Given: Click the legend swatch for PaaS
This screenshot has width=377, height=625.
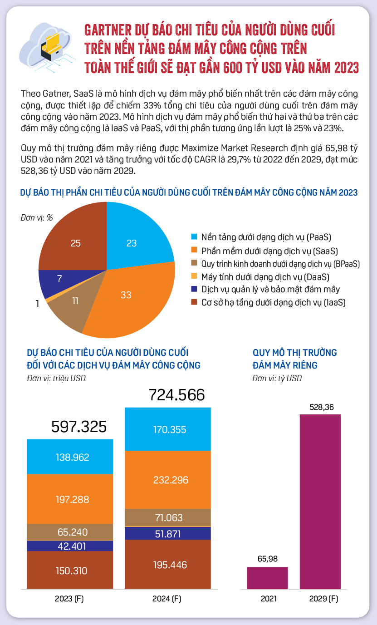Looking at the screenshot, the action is point(194,236).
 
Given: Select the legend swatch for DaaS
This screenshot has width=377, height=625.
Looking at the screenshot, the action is point(194,276).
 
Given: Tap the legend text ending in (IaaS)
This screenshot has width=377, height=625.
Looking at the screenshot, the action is point(273,302).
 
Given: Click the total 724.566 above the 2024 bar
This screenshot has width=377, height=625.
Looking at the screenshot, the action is point(177,395).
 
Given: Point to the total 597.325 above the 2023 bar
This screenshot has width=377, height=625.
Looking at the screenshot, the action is point(79,427).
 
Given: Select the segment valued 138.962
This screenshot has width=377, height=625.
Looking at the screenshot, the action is point(70,457).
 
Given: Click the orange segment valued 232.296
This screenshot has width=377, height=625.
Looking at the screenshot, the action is point(168,480).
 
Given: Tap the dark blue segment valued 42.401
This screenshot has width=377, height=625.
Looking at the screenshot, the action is point(70,546).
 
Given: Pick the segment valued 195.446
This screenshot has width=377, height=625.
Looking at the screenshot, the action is point(168,565).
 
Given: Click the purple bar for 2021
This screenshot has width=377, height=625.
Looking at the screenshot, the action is point(267,578).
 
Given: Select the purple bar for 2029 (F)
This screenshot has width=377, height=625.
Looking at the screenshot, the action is point(320,502).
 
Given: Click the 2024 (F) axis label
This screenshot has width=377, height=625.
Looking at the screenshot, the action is point(167,599).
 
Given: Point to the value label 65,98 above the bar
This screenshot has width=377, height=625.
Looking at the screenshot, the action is point(268,559).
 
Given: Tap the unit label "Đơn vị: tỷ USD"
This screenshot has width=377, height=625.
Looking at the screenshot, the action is point(277,379).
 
